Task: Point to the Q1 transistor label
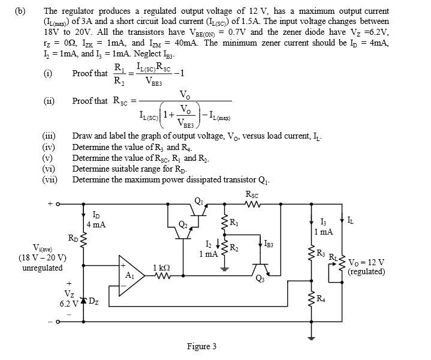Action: (198, 200)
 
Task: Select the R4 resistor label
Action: (321, 298)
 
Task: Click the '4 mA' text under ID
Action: (97, 224)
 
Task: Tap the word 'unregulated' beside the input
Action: (42, 268)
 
